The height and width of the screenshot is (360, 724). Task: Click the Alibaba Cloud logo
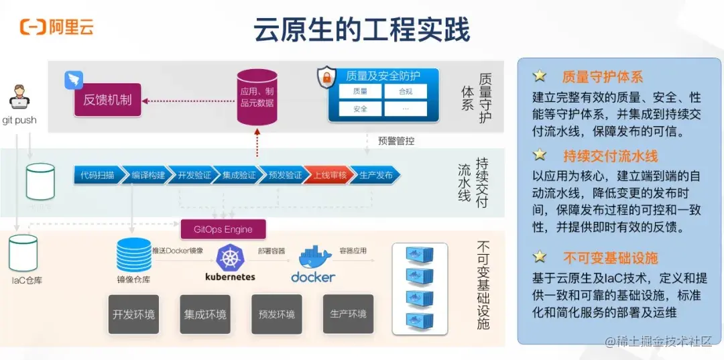pos(56,27)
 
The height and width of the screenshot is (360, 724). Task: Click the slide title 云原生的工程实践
pos(361,29)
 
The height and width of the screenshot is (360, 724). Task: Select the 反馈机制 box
pos(107,101)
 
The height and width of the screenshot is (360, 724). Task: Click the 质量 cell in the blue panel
pos(359,91)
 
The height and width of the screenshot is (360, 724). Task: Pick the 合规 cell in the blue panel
pos(406,91)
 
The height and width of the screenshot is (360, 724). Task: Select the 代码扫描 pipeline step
pos(97,176)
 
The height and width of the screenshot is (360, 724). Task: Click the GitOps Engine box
pos(223,229)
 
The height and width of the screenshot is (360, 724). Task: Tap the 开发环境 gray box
pos(134,314)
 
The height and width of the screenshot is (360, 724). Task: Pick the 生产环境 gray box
pos(349,314)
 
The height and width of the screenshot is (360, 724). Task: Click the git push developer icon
pos(19,99)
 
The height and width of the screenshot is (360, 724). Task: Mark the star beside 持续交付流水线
pos(540,156)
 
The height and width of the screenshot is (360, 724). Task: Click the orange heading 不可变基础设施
pos(610,258)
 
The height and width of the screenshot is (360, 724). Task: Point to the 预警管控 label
pos(396,141)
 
